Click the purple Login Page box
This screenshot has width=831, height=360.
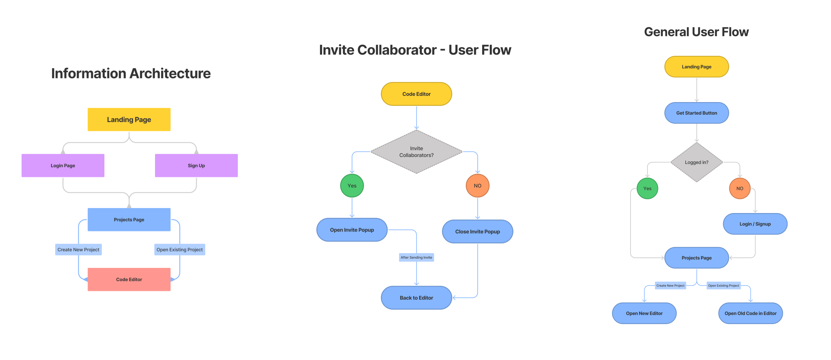point(63,166)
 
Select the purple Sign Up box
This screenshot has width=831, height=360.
point(196,166)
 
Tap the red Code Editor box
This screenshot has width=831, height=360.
point(129,279)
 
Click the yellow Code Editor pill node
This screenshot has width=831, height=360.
point(416,94)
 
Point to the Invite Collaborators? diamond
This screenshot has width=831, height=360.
point(416,152)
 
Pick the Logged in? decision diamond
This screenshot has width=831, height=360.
point(696,162)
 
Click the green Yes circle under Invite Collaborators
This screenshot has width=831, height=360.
point(352,186)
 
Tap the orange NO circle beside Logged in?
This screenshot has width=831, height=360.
point(739,188)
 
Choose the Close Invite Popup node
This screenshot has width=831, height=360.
point(477,232)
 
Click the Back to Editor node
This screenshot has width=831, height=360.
point(416,298)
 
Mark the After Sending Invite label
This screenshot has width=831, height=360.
point(416,257)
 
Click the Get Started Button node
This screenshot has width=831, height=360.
point(696,113)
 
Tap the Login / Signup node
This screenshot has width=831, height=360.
point(755,224)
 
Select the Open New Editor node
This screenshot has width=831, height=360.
point(644,313)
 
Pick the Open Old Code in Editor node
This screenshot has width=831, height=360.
point(750,313)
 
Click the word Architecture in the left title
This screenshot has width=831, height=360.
point(170,73)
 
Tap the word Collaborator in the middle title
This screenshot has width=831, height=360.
point(397,50)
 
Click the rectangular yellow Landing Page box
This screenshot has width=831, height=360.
point(129,120)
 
